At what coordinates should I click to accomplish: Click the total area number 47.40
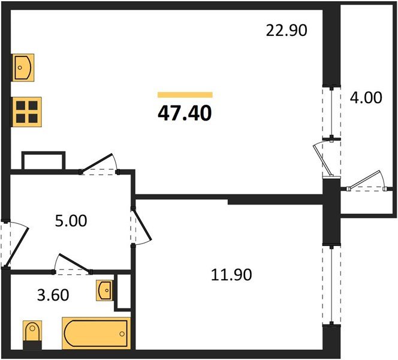tap(185, 112)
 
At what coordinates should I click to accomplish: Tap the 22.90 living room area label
tap(287, 30)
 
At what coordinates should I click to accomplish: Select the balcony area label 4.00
tap(366, 97)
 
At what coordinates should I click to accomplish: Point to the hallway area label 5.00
tap(71, 220)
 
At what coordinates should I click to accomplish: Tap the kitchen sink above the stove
tap(23, 67)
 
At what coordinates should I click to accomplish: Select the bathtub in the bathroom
tap(95, 332)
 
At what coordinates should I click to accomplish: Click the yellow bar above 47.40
tap(185, 94)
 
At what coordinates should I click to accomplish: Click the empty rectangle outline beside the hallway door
tap(43, 161)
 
